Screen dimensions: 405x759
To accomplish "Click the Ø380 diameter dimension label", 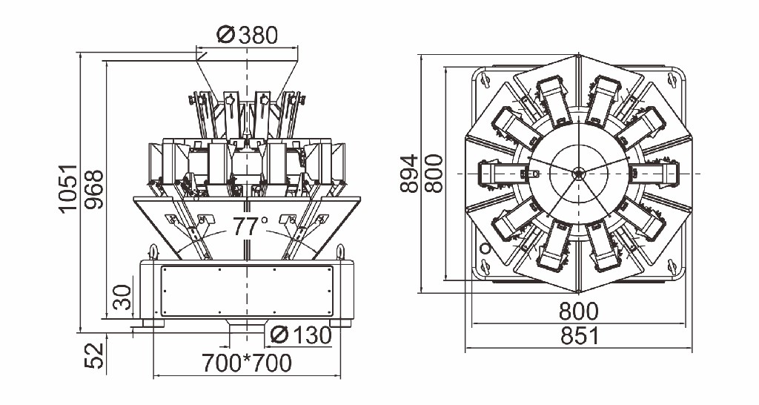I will point(248,35).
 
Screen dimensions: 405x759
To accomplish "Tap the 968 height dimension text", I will point(94,189).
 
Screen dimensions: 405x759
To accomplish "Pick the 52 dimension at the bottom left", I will point(94,355).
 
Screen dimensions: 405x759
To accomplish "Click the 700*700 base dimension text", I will point(247,363).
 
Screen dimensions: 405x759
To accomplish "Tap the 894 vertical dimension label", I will point(409,174).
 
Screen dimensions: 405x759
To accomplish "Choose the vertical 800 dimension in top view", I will point(433,174).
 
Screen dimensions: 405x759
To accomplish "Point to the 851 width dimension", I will point(579,336).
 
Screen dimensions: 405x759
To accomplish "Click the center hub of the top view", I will point(578,174).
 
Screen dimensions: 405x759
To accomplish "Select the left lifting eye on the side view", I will point(153,251).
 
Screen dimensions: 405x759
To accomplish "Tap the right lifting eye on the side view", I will point(341,251).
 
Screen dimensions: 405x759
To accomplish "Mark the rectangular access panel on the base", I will point(247,292).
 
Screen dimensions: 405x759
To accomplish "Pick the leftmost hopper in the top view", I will point(500,173).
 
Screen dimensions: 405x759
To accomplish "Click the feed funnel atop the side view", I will point(247,74).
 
